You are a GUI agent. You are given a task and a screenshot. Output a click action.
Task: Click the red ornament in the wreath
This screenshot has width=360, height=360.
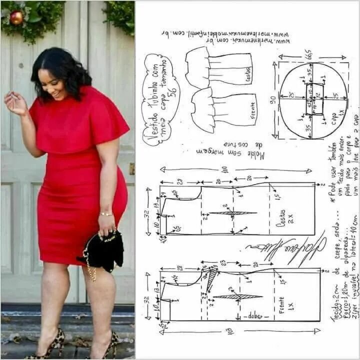pos(16,17)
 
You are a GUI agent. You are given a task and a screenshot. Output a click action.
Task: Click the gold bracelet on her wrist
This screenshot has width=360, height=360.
pos(105,214)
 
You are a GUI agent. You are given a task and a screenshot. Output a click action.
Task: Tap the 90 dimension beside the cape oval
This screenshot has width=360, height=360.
pos(273,100)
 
